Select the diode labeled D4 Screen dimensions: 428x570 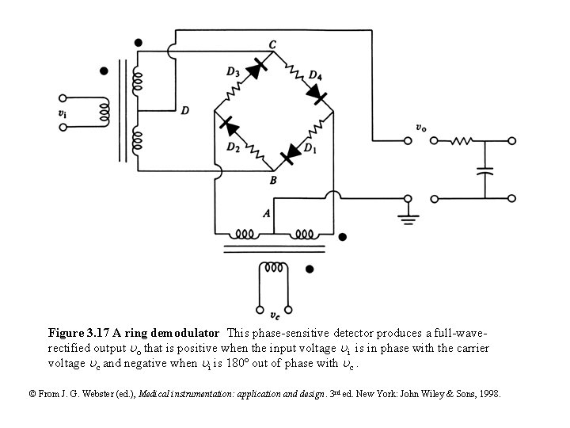(x=317, y=95)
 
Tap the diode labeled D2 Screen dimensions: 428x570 (x=230, y=125)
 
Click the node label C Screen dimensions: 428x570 (x=272, y=43)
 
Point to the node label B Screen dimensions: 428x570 (x=272, y=180)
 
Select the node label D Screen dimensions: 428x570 (x=184, y=111)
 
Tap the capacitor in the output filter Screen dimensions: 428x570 (x=485, y=170)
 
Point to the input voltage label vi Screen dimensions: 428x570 (x=63, y=113)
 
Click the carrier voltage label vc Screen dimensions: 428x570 (x=274, y=315)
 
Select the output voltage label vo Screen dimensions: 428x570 (x=422, y=128)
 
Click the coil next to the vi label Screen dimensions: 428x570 (x=104, y=113)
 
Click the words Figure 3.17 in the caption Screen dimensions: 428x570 (x=78, y=333)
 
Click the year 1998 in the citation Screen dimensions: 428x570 (x=488, y=393)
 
